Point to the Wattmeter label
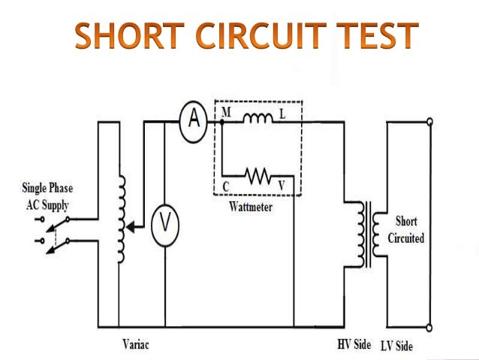[251, 207]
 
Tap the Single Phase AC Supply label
[47, 195]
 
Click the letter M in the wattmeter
[226, 113]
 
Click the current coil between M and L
[257, 118]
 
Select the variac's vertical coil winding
[120, 218]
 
